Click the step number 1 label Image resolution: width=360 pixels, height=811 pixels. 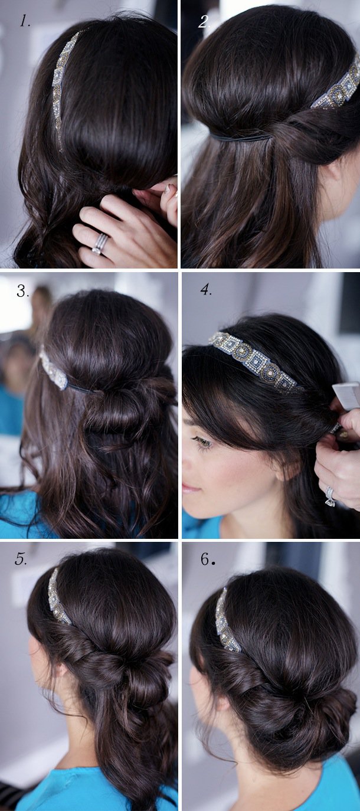pos(24,22)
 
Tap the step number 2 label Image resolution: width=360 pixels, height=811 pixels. pos(204,22)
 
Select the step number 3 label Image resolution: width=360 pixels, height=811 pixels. pos(23,290)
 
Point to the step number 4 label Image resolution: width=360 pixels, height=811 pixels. pos(205,290)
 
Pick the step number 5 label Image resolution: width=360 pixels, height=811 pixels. pos(21,560)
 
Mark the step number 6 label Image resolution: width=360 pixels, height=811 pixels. pos(207,560)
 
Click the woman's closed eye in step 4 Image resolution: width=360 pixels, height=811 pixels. pos(204,441)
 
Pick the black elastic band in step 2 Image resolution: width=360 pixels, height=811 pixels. pos(242,138)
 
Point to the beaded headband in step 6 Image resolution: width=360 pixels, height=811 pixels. pos(225,621)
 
